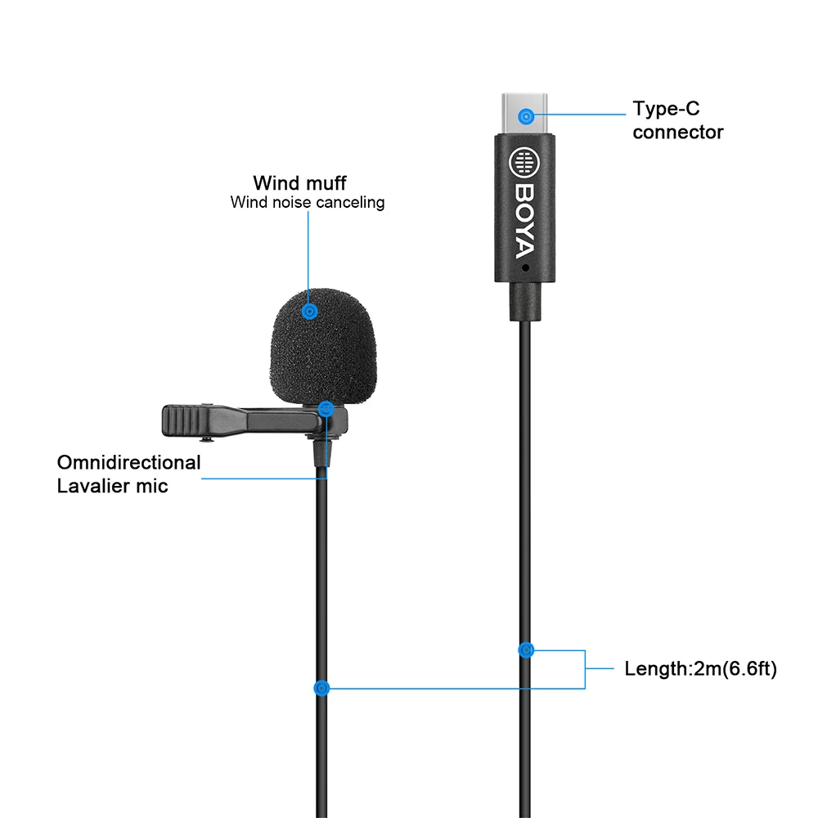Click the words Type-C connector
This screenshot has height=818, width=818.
[677, 120]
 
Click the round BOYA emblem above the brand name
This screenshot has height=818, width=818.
[524, 163]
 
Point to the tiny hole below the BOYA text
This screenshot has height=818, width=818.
[525, 267]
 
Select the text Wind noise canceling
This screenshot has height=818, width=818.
[308, 202]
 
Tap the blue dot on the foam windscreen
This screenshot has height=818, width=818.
[309, 312]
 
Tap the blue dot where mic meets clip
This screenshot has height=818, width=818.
[326, 408]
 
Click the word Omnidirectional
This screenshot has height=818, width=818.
[128, 463]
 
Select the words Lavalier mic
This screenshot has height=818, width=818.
[112, 486]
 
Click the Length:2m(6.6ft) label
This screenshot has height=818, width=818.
[700, 669]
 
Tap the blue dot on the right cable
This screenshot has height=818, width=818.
[526, 650]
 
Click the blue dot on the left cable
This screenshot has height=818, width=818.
[322, 689]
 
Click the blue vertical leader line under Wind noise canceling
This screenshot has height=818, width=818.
[309, 254]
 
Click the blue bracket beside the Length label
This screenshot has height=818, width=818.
[584, 669]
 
